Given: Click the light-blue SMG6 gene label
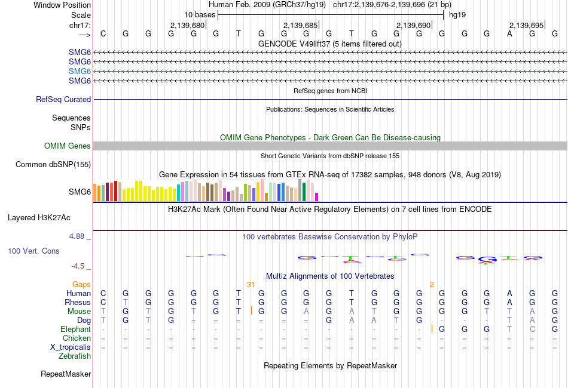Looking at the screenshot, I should (80, 71).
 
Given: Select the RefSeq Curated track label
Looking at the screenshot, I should (63, 100).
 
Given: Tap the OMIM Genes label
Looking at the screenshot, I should (68, 146).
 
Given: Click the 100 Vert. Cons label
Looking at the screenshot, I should (33, 251).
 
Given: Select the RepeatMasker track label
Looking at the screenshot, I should (66, 374).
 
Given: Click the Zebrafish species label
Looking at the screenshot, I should (75, 356).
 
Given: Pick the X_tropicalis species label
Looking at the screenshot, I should (71, 347).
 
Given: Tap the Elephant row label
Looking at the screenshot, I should (75, 330).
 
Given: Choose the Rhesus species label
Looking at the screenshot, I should (78, 303).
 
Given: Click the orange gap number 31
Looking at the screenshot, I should (251, 284).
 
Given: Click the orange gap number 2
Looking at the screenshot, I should (432, 284).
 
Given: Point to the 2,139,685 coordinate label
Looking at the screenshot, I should (300, 26).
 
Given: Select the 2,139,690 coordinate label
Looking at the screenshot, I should (413, 26).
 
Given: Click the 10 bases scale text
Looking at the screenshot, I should (200, 14).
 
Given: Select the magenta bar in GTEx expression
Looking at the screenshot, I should (317, 197).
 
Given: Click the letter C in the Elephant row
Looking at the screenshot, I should (532, 330).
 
